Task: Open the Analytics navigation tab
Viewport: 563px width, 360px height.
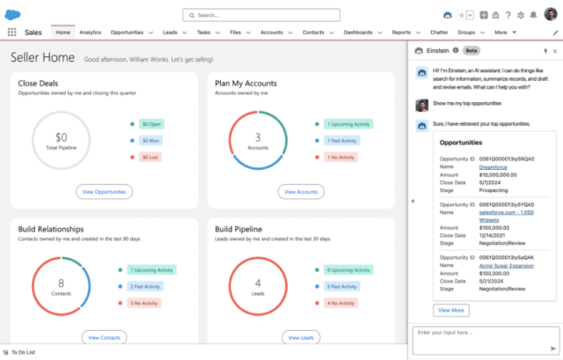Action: [90, 32]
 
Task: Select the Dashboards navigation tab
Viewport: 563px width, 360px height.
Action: [357, 32]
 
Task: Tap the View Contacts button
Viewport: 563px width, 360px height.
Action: [105, 337]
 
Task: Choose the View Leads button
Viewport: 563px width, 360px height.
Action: [300, 337]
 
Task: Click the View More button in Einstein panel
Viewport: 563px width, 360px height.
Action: [451, 310]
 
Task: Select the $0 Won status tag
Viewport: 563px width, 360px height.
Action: [151, 141]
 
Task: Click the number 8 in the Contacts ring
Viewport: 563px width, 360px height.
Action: [61, 283]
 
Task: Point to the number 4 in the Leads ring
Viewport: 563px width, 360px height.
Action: [258, 283]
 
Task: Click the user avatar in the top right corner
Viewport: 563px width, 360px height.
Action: [551, 15]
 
